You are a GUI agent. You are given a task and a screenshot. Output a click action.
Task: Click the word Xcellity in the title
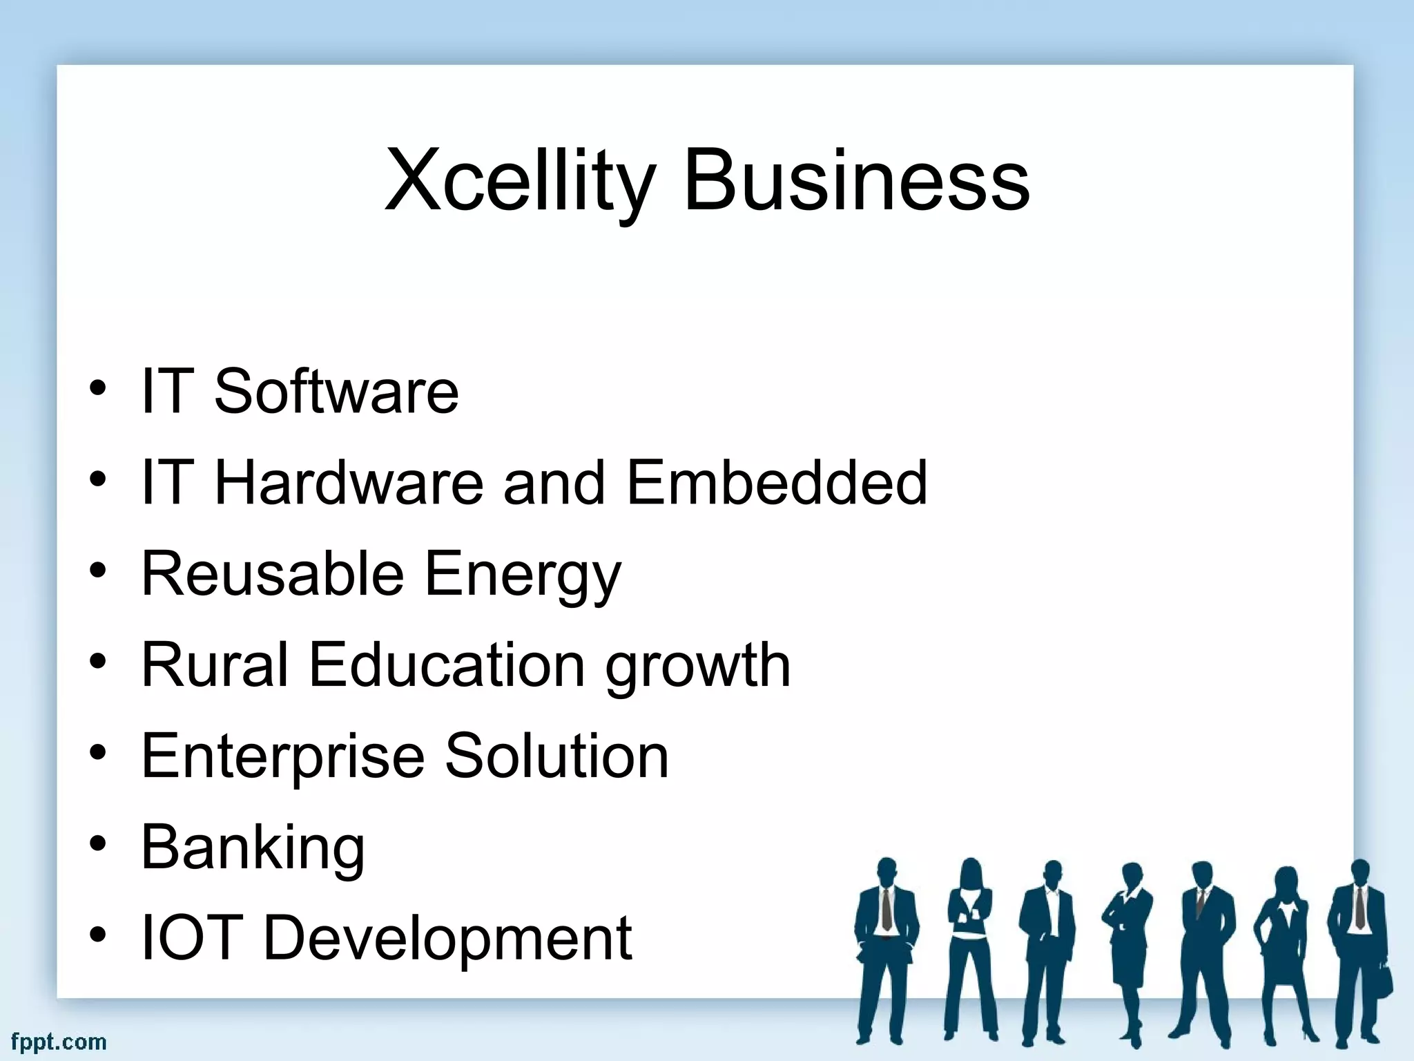pos(518,181)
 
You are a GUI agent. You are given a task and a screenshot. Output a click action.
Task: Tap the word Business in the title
pos(856,181)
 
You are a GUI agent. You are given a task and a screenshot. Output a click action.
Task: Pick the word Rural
pos(214,665)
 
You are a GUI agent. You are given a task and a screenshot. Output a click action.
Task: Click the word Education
pos(447,665)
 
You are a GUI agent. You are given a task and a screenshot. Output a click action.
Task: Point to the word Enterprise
pos(282,757)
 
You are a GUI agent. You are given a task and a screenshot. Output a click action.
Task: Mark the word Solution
pos(556,756)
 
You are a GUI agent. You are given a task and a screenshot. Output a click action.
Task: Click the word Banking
pos(253,848)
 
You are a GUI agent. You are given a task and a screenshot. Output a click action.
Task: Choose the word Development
pos(447,939)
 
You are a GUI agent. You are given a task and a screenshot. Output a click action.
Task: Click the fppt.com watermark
pos(59,1041)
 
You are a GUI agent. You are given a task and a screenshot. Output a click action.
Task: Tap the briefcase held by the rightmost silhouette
pos(1384,979)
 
